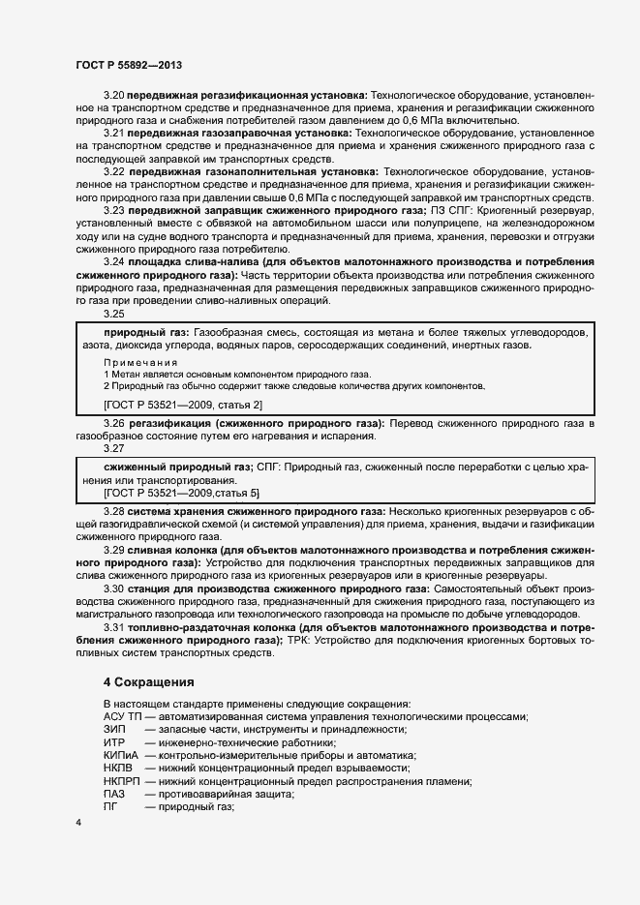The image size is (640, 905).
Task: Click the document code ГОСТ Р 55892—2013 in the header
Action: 129,65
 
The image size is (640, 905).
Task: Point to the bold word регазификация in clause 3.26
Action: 173,425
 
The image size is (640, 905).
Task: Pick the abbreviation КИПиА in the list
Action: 121,755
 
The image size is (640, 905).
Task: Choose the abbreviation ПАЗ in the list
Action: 113,794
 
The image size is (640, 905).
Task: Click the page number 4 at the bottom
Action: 77,823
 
